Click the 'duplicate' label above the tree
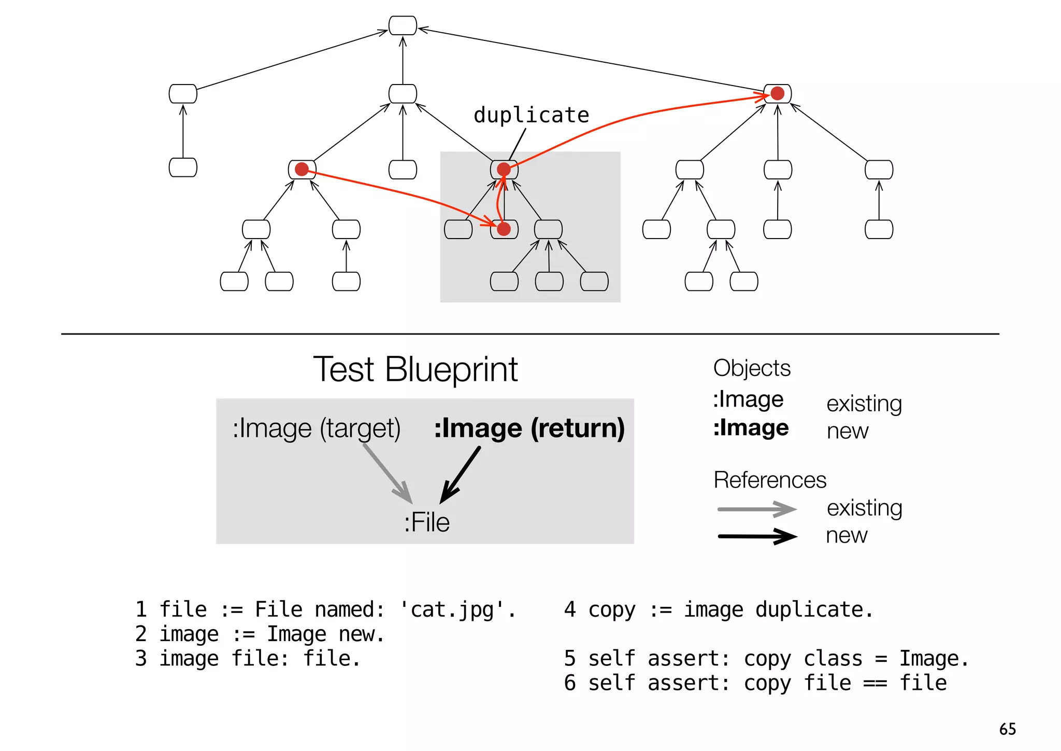[531, 115]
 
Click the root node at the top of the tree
[403, 25]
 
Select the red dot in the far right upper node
[777, 93]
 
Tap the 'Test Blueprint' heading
[415, 370]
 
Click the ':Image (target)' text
[316, 429]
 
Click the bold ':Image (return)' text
[529, 428]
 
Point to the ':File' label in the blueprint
[426, 522]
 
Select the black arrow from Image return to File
[461, 475]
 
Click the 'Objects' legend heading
[751, 368]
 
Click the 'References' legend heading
[769, 480]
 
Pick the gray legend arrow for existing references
[756, 509]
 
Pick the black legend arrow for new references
[756, 536]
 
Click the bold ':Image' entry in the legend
[751, 428]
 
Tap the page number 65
[1007, 729]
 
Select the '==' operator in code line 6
[875, 683]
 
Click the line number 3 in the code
[141, 659]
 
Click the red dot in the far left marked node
[302, 169]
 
